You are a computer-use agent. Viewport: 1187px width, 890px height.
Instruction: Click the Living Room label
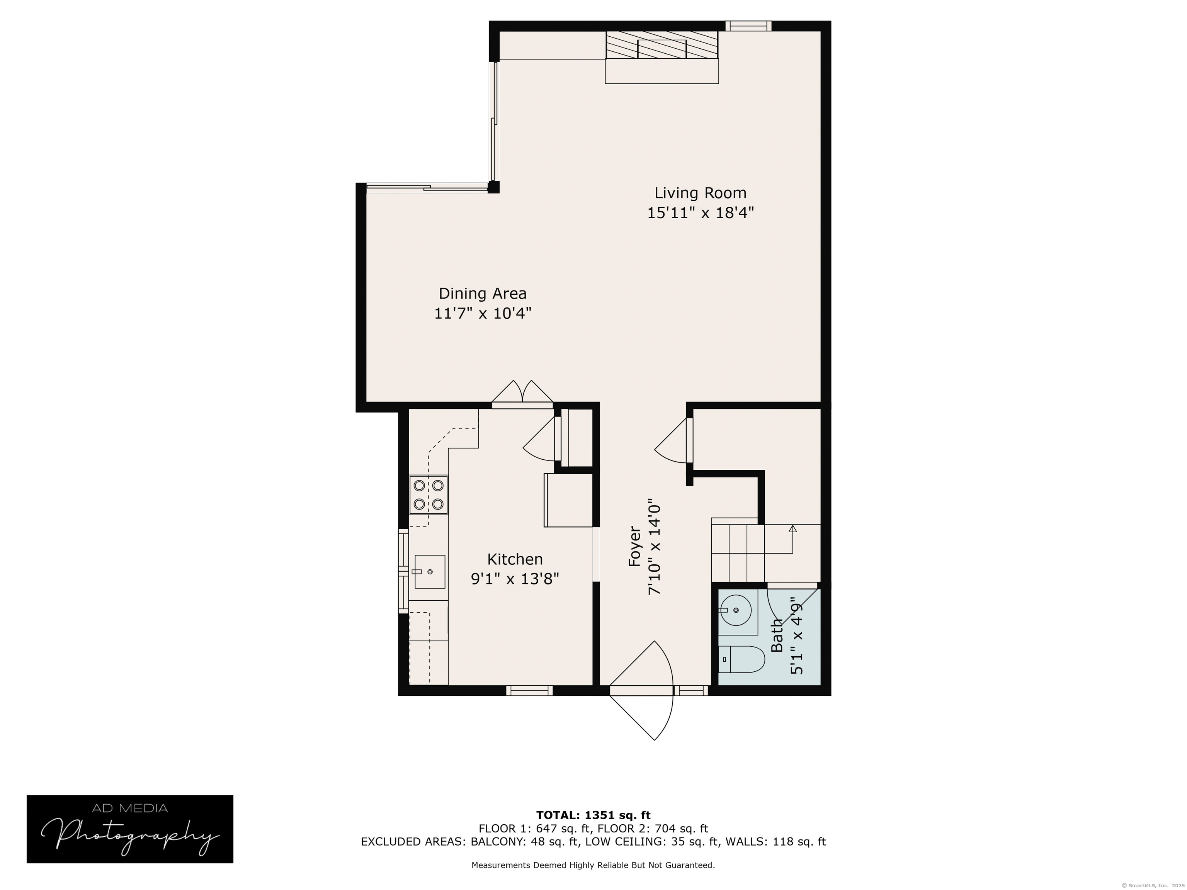700,193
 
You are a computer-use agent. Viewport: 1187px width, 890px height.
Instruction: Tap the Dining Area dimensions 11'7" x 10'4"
483,313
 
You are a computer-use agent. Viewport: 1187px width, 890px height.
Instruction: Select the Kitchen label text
515,559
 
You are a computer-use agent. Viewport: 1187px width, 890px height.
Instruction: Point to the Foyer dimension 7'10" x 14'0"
654,549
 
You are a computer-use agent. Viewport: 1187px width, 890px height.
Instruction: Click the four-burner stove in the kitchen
428,494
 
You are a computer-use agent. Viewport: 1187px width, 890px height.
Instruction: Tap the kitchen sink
429,572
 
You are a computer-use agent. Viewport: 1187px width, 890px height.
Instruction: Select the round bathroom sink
736,610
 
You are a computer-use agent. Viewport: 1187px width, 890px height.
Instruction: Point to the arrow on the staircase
792,529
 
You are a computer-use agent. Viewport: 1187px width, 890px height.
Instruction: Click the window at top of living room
748,26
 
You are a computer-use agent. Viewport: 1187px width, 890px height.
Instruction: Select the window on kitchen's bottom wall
529,690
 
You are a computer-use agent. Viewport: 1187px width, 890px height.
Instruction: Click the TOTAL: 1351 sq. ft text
593,815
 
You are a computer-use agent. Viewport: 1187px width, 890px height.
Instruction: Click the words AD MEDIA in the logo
130,808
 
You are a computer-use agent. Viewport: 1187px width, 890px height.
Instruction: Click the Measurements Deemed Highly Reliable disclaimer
593,865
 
